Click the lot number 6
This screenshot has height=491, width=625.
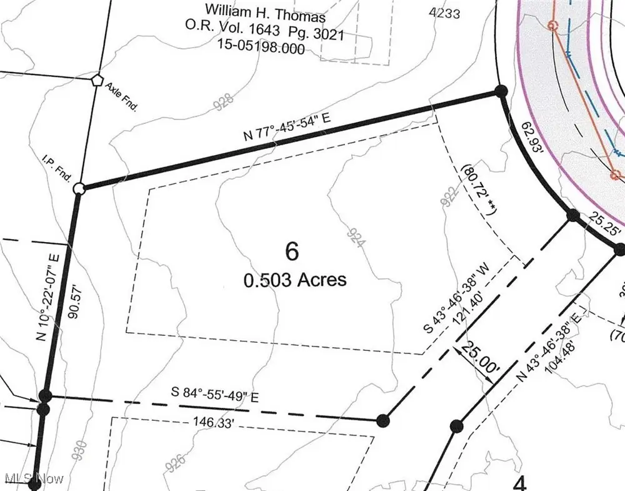point(292,251)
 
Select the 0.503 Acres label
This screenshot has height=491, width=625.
point(295,280)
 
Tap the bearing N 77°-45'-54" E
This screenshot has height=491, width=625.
point(287,131)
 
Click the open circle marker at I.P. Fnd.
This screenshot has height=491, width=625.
point(79,188)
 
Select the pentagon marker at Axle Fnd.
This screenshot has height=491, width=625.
point(96,80)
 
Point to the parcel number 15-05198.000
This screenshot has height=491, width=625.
point(261,46)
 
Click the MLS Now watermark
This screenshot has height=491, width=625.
point(34,478)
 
